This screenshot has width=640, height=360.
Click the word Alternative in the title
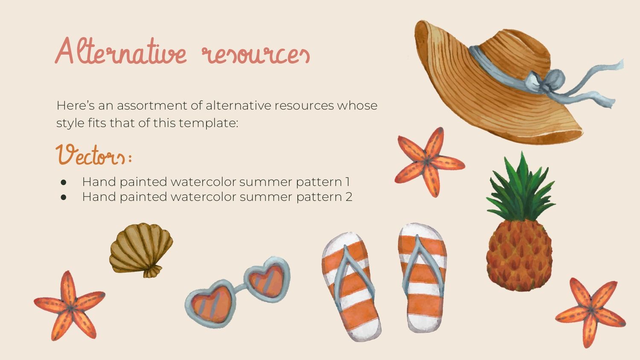pyautogui.click(x=121, y=51)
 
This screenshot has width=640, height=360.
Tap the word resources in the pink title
pyautogui.click(x=256, y=54)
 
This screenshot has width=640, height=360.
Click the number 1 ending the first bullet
pyautogui.click(x=347, y=182)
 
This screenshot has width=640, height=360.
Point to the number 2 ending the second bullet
pyautogui.click(x=349, y=197)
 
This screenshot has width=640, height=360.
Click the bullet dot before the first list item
pyautogui.click(x=64, y=182)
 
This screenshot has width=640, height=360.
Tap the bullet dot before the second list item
pyautogui.click(x=64, y=197)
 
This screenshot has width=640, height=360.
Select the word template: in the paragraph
pyautogui.click(x=208, y=123)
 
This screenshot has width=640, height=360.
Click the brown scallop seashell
pyautogui.click(x=141, y=250)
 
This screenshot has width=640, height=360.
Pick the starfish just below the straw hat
pyautogui.click(x=429, y=162)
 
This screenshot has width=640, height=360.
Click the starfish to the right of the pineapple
pyautogui.click(x=591, y=312)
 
